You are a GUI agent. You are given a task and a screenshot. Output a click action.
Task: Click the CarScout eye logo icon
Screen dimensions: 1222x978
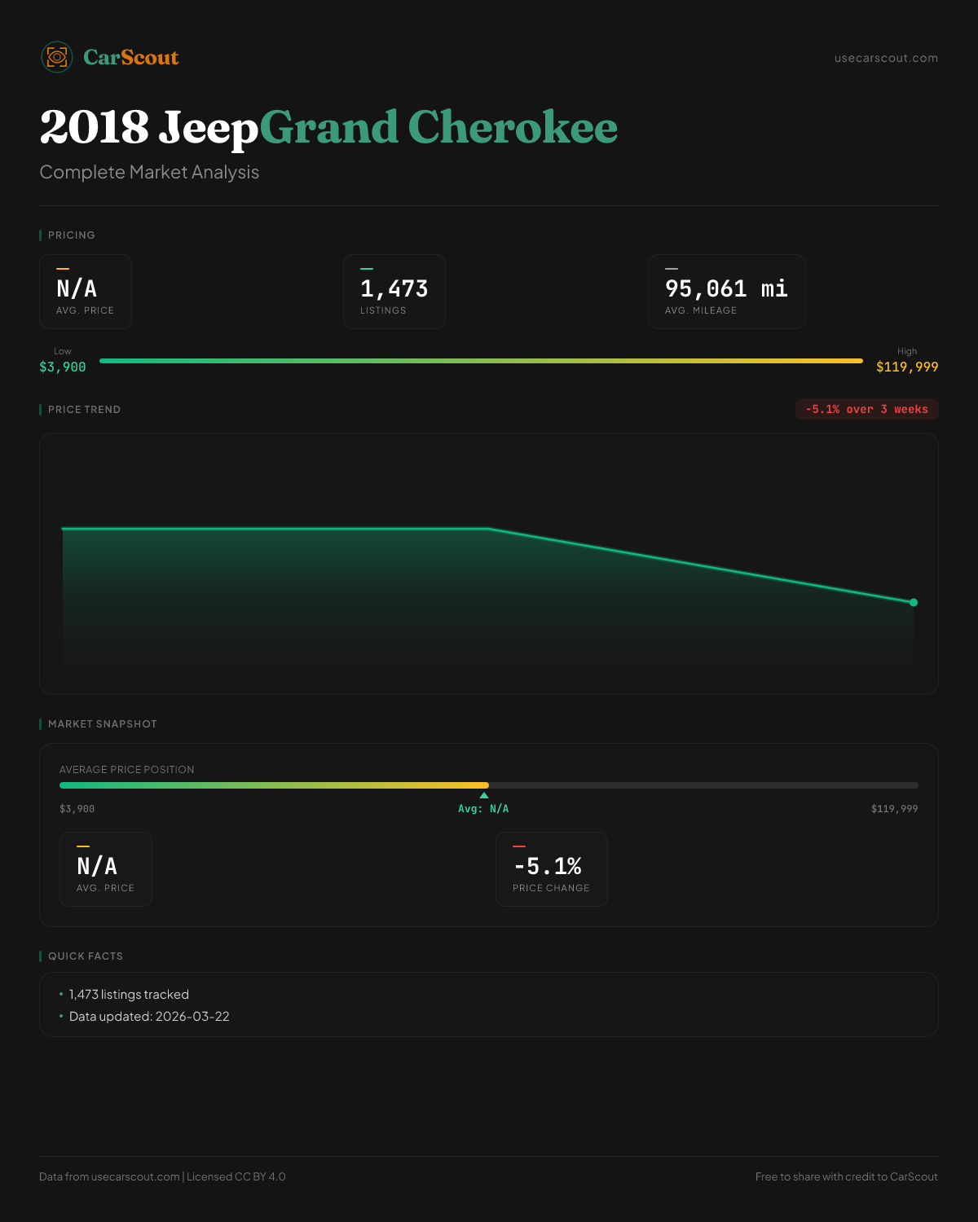[57, 57]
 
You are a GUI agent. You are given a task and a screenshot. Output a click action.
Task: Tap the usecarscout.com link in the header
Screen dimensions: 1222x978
[886, 58]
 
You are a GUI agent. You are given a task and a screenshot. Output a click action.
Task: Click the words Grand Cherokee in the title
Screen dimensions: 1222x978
[438, 128]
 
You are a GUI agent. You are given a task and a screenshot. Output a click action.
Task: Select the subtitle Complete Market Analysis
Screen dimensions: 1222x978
[149, 172]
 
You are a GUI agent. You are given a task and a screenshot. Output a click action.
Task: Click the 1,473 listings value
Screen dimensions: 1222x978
[394, 289]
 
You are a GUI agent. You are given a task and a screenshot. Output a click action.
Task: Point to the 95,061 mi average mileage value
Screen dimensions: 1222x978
[726, 289]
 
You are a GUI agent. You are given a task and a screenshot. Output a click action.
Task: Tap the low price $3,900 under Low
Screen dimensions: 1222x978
[63, 367]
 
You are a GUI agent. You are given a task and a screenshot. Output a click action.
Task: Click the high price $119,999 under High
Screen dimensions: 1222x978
[907, 367]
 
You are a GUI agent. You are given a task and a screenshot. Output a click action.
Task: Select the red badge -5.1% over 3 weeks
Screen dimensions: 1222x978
[866, 409]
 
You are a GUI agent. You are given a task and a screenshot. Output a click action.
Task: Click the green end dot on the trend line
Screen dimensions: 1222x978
[914, 603]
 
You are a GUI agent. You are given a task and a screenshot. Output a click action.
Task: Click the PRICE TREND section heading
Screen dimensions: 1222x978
[84, 410]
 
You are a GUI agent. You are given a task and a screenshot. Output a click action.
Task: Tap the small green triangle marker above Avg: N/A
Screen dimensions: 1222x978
[484, 795]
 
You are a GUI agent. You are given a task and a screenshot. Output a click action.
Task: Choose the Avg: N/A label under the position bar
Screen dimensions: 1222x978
[483, 809]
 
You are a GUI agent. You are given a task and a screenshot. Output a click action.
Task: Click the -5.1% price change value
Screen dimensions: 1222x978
[548, 866]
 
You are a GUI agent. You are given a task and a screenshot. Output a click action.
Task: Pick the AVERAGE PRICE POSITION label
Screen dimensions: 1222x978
[127, 770]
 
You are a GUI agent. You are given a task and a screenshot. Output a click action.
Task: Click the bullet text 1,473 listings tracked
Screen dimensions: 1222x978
[129, 995]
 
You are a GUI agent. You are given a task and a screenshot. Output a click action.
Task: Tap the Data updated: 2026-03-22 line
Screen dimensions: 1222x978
[149, 1017]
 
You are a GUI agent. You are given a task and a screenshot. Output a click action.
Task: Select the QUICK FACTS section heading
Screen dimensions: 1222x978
[86, 956]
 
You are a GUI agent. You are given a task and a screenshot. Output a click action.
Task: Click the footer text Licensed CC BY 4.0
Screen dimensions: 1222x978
[236, 1176]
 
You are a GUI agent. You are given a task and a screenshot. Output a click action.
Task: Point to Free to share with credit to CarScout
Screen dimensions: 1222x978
[846, 1176]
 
